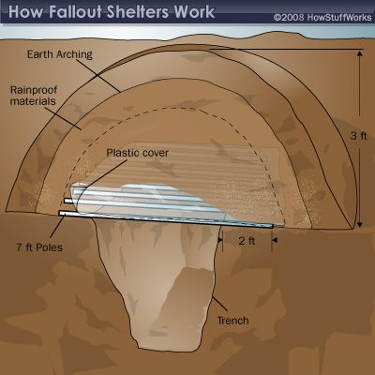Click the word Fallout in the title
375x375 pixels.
(x=76, y=12)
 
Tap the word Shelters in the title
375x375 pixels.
(x=139, y=12)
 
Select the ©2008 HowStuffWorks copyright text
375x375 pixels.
(x=322, y=17)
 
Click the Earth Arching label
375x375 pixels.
(x=60, y=54)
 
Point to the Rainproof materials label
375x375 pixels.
(x=34, y=96)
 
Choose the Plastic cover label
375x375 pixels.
(x=138, y=153)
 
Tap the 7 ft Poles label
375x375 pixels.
(x=39, y=247)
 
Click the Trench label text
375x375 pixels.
(x=233, y=321)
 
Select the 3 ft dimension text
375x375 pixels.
(x=358, y=136)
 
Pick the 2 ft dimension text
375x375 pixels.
(x=247, y=241)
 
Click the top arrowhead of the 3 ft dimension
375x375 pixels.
(x=360, y=53)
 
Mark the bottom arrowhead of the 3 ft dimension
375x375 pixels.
(x=360, y=225)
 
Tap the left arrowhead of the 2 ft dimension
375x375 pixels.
(x=220, y=240)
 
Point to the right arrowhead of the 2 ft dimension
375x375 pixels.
(x=275, y=240)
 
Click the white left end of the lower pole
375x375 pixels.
(x=61, y=213)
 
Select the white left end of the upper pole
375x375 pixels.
(x=66, y=201)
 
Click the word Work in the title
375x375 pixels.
(x=194, y=12)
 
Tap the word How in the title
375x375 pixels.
(x=27, y=12)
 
